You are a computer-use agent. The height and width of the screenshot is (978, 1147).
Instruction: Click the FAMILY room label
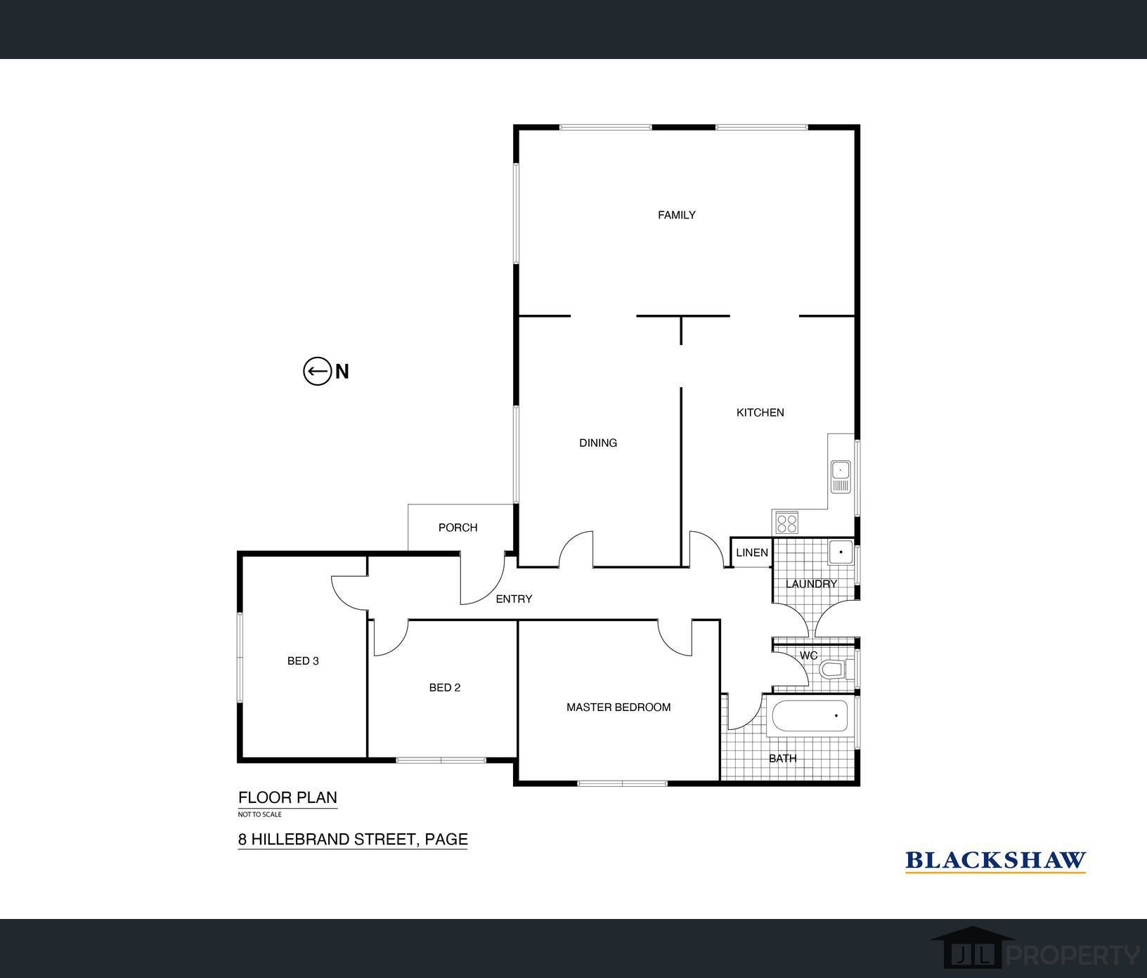(676, 215)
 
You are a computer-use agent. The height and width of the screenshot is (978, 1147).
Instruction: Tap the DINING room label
(598, 443)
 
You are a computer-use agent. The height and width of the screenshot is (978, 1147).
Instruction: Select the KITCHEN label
(760, 412)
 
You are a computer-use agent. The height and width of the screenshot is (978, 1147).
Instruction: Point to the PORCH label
(458, 528)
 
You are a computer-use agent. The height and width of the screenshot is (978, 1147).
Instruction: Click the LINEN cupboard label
(752, 553)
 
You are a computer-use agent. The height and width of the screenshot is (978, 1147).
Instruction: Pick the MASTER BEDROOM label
(618, 708)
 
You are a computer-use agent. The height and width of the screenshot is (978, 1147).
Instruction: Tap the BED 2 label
(445, 688)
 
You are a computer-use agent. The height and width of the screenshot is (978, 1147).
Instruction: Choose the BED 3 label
(303, 661)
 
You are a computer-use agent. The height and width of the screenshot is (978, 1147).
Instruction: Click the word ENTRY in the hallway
(514, 599)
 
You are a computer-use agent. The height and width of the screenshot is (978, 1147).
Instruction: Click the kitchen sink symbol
(841, 476)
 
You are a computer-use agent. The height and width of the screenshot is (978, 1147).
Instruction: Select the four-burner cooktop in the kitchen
(786, 522)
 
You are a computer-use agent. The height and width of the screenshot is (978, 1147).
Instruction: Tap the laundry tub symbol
(841, 552)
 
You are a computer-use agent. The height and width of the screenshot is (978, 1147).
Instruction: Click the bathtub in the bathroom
(810, 716)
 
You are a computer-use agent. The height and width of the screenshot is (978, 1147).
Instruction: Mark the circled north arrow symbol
(317, 371)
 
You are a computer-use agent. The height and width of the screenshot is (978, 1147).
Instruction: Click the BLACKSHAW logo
(995, 861)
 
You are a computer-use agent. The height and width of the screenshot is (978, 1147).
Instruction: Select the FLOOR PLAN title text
(287, 797)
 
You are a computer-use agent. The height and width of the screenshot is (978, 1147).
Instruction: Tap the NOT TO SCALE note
(259, 814)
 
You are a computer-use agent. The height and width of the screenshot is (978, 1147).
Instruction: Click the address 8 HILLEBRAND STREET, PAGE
(353, 839)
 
